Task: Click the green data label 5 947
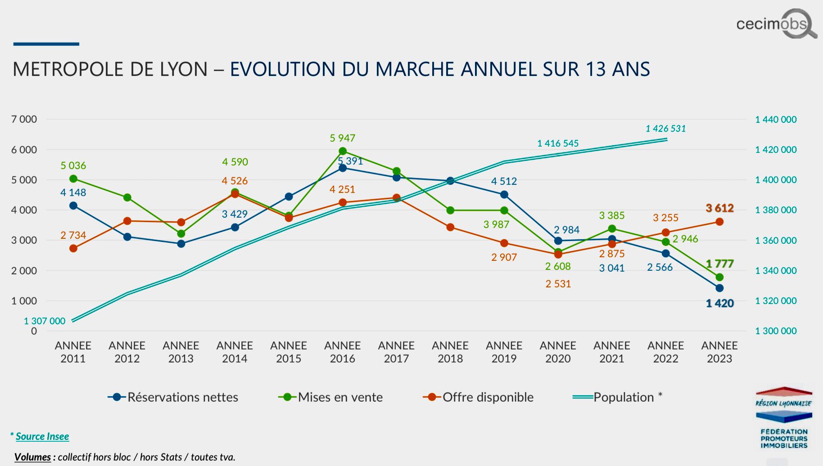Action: [342, 138]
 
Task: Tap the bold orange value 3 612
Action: [719, 208]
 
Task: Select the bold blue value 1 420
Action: [719, 304]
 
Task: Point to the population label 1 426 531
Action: [665, 129]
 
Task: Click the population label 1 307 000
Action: [45, 321]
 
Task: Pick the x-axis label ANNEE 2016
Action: [342, 352]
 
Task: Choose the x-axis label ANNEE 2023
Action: [719, 352]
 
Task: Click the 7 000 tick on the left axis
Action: [24, 120]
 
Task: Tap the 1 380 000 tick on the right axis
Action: [775, 210]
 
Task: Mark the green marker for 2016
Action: [343, 151]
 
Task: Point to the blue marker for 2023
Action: [719, 288]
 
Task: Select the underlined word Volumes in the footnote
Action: [32, 457]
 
